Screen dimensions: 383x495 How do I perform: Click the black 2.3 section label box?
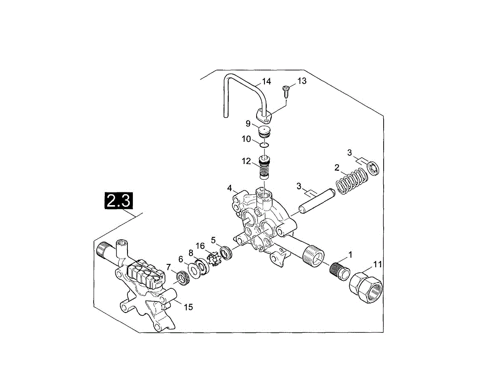[119, 201]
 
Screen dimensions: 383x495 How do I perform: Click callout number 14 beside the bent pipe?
[266, 82]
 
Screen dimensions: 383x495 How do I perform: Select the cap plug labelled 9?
[264, 133]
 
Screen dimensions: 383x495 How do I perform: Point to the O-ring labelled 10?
[264, 145]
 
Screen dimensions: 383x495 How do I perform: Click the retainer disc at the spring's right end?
[373, 168]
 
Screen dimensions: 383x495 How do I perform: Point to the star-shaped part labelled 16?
[214, 259]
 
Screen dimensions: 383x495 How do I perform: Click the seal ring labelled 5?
[226, 252]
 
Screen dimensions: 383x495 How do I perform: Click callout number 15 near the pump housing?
[188, 307]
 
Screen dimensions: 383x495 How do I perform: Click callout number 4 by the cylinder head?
[229, 188]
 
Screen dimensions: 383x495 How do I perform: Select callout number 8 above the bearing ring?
[191, 252]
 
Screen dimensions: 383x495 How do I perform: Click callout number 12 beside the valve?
[246, 161]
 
